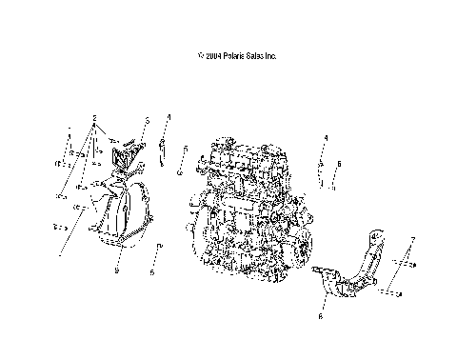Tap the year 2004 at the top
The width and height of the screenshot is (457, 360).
210,56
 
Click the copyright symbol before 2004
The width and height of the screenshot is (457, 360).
199,56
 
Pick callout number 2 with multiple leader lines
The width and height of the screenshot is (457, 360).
95,120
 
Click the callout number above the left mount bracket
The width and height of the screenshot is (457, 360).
148,121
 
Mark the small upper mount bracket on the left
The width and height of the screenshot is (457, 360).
124,157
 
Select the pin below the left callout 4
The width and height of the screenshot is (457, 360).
164,150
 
